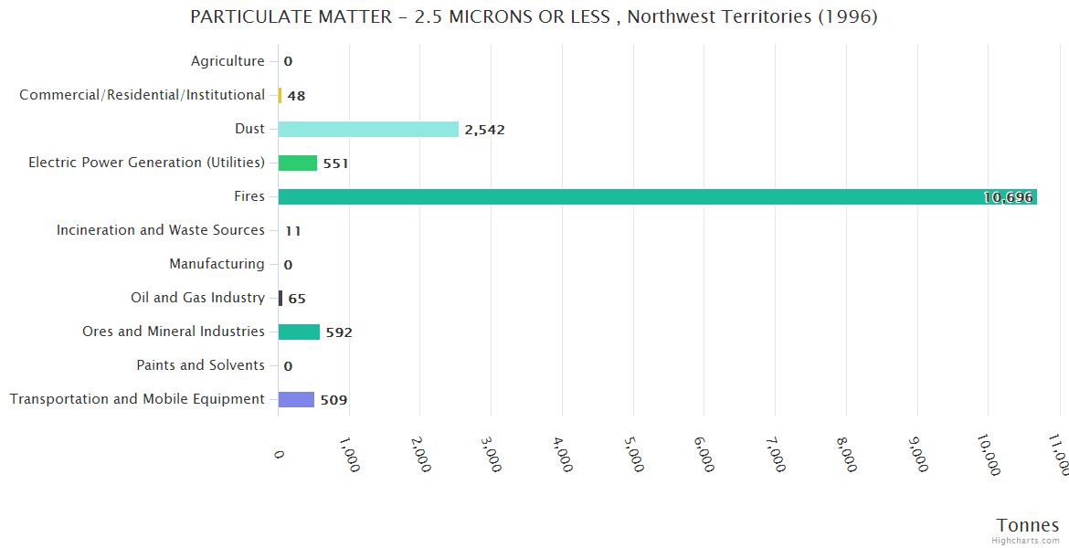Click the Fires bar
[x=657, y=196]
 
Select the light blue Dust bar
[x=368, y=129]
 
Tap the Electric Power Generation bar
[x=298, y=163]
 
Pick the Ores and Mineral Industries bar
[x=299, y=332]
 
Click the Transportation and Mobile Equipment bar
[x=296, y=399]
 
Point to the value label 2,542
[x=484, y=130]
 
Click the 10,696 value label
[x=1008, y=197]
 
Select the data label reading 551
[x=335, y=163]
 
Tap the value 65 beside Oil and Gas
[x=297, y=299]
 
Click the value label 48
[x=296, y=96]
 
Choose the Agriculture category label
[x=228, y=61]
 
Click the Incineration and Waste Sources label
[x=161, y=230]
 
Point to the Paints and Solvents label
[x=201, y=365]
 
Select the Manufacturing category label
[x=217, y=264]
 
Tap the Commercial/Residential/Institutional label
[x=143, y=95]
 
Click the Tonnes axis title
[x=1028, y=525]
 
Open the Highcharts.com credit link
[x=1027, y=541]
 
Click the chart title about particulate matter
[x=534, y=16]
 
